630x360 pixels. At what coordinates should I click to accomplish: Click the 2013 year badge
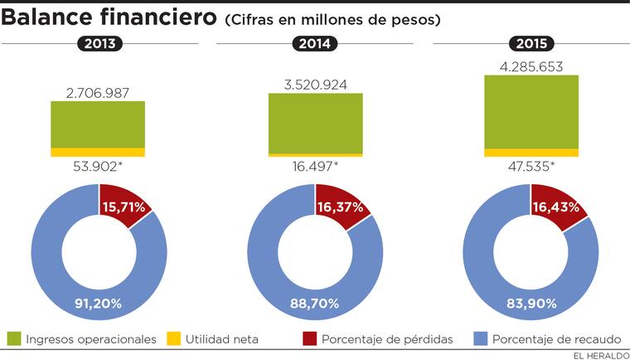pyautogui.click(x=99, y=44)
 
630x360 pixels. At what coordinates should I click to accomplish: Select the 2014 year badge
pyautogui.click(x=315, y=44)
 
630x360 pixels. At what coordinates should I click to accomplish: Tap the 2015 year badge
pyautogui.click(x=531, y=44)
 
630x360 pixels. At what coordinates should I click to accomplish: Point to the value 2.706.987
pyautogui.click(x=98, y=92)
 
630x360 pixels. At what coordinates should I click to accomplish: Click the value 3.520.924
pyautogui.click(x=315, y=84)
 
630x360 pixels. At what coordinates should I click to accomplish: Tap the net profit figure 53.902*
pyautogui.click(x=98, y=167)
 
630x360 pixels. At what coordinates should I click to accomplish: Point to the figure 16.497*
pyautogui.click(x=315, y=167)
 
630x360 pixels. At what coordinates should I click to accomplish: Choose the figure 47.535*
pyautogui.click(x=531, y=167)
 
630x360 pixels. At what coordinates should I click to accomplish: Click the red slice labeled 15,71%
pyautogui.click(x=123, y=207)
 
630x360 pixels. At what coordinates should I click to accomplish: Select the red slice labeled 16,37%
pyautogui.click(x=340, y=207)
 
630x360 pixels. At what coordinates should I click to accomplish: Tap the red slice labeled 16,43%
pyautogui.click(x=555, y=207)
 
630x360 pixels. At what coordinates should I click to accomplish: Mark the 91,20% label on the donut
pyautogui.click(x=99, y=303)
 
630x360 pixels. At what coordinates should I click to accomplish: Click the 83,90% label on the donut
pyautogui.click(x=531, y=303)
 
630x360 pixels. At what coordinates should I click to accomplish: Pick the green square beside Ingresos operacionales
pyautogui.click(x=14, y=338)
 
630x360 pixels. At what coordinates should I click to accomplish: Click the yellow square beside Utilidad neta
pyautogui.click(x=173, y=338)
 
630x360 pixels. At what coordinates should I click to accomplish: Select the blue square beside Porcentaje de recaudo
pyautogui.click(x=480, y=338)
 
